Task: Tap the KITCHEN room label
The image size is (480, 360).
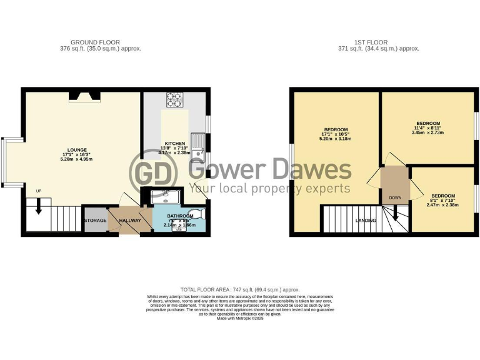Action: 175,143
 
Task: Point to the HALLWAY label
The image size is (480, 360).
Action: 129,220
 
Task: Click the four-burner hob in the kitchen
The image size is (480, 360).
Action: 174,100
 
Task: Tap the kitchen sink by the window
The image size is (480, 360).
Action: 197,142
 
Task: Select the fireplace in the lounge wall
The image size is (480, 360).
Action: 84,95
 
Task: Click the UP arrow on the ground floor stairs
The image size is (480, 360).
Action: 39,206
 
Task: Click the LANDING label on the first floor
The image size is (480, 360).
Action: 365,221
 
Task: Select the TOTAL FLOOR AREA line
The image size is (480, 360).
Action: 240,289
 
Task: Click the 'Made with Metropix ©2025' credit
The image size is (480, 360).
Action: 240,318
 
